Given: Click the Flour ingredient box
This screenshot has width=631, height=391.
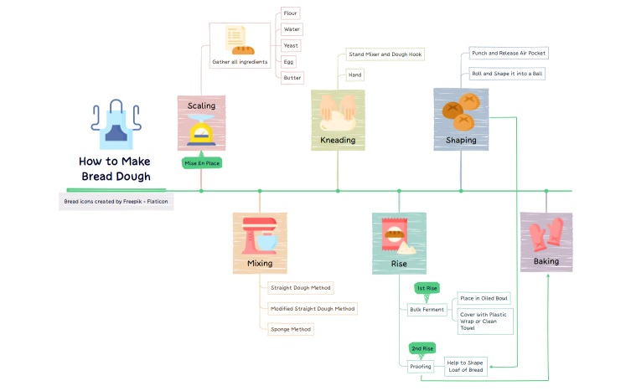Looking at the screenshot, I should tap(290, 13).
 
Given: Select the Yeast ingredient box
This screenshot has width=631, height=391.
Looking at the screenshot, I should tap(291, 45).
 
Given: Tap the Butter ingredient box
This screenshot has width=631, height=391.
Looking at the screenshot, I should tap(292, 77).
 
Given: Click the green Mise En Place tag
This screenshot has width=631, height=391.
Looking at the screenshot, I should tap(201, 163).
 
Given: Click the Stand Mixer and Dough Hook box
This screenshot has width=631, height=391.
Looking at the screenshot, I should tap(385, 54).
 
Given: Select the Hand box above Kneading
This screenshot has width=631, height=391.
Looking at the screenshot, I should tap(355, 75).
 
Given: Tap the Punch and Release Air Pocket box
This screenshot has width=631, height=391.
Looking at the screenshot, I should tap(508, 53).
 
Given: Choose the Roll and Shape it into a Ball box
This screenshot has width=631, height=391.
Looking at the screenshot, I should tap(507, 74).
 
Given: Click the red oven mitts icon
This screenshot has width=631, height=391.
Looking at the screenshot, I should tap(546, 235).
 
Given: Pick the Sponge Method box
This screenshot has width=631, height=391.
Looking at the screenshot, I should tap(290, 329).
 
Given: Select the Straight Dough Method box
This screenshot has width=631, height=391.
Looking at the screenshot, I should tap(300, 287).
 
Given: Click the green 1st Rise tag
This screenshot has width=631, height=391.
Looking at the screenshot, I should tap(427, 288).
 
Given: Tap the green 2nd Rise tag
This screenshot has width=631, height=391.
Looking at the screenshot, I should tap(422, 348).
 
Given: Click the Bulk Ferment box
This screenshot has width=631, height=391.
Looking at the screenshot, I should tap(427, 310).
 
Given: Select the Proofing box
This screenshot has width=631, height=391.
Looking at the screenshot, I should tap(421, 366).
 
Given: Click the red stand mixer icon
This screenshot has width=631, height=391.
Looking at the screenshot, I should tap(260, 236).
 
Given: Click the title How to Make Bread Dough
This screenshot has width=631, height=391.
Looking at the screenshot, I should tap(116, 168).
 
